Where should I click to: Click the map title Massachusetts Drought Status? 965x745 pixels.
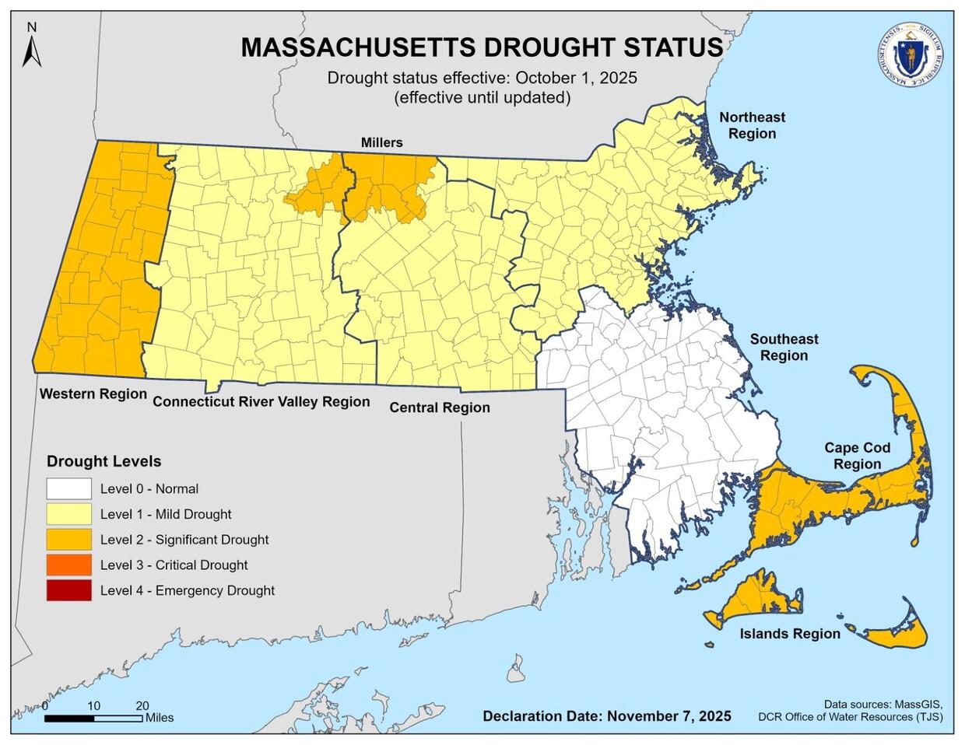482,47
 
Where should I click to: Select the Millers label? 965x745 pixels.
381,142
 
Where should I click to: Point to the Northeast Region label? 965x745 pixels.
752,125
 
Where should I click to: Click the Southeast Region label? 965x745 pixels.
784,347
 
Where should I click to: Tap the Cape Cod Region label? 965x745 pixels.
858,456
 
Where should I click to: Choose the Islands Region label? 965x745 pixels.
790,634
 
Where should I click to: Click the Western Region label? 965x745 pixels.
93,393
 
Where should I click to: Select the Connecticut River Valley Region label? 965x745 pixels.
261,401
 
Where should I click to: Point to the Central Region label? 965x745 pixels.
440,407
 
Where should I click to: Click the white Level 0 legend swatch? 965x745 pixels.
68,489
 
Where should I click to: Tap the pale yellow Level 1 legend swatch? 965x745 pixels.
68,514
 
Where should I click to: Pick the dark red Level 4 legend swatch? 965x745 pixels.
68,590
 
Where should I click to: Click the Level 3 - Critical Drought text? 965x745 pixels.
174,565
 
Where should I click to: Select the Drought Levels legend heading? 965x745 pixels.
104,461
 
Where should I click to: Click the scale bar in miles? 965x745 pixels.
93,718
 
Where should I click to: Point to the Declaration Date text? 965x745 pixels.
607,715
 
